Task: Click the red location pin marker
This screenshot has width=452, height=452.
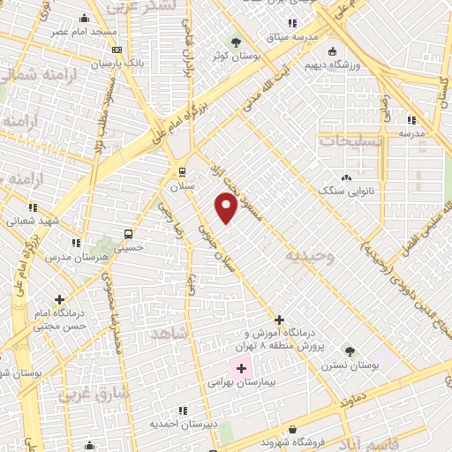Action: point(227,207)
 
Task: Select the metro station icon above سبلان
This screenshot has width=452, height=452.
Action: point(181,171)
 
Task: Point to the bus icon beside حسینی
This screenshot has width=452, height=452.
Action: point(129,234)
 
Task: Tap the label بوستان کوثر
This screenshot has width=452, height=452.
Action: point(234,56)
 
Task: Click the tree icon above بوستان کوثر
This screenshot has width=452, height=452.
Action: point(235,41)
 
